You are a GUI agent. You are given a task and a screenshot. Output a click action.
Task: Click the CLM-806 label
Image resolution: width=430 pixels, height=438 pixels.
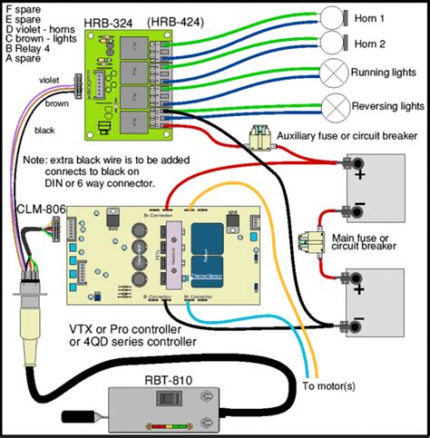36,209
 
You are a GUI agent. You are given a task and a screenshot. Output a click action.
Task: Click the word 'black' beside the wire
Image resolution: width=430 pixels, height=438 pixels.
44,130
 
